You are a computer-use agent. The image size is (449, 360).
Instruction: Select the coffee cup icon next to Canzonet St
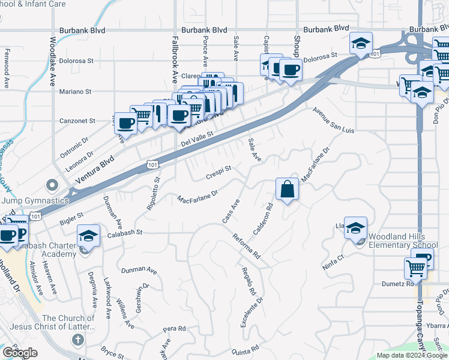[x=126, y=123]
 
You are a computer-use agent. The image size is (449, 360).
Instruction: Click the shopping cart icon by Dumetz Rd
[x=415, y=268]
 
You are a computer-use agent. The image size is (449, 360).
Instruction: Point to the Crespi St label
[x=218, y=172]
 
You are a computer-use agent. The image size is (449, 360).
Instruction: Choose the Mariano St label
[x=75, y=92]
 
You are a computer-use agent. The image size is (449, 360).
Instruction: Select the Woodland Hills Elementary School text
[x=403, y=241]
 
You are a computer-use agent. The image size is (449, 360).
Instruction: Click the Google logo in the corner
[x=20, y=353]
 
